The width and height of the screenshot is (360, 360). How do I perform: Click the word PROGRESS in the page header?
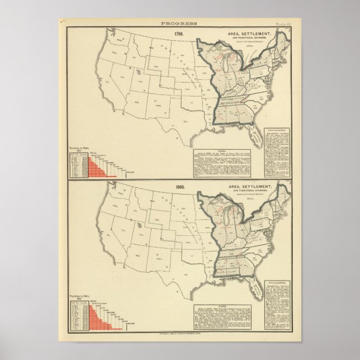pos(178,23)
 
